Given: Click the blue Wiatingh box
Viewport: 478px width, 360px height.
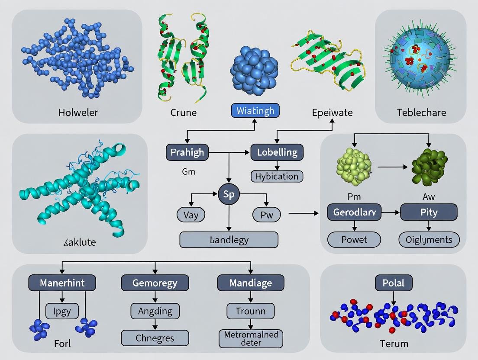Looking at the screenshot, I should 255,111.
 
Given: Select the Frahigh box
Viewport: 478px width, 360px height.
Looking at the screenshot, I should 187,152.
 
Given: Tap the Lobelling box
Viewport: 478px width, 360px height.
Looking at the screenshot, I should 277,152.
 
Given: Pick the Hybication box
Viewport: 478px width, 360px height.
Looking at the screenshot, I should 277,176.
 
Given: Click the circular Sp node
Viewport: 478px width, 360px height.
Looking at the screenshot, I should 228,194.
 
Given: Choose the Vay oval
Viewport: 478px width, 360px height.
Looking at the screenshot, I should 191,215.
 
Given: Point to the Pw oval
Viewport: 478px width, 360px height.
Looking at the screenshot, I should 266,215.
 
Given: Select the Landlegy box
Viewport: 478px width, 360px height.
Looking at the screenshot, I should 229,240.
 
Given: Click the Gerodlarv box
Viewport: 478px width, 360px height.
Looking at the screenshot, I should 354,212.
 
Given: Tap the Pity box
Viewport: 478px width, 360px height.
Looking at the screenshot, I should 429,212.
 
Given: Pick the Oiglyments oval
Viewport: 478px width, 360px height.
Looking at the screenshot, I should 429,239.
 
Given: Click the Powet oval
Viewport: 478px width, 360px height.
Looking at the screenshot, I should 354,239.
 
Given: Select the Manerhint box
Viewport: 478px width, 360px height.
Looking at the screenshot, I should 62,283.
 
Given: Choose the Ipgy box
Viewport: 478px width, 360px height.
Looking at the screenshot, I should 62,311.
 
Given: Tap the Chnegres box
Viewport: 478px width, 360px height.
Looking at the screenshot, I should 155,338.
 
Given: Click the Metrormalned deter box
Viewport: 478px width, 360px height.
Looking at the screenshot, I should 251,338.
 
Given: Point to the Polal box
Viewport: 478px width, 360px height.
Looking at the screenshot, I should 394,283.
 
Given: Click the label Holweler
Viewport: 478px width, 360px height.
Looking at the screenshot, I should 78,112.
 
